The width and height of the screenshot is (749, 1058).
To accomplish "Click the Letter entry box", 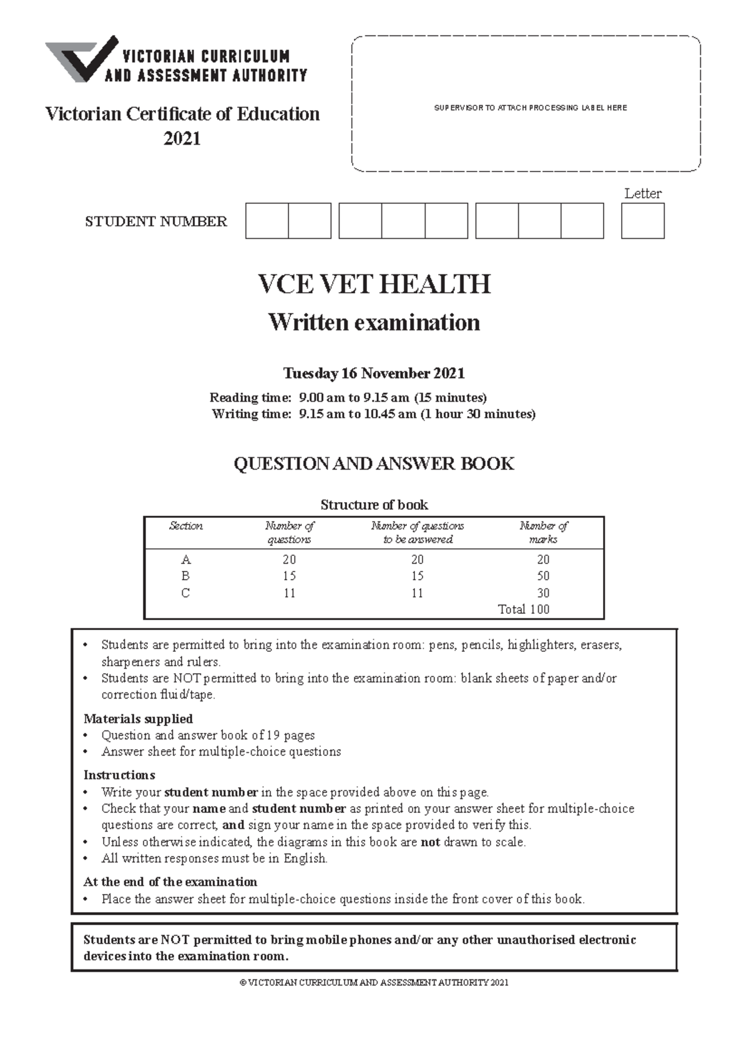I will (x=642, y=221).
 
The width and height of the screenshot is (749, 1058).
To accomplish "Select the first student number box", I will (x=267, y=221).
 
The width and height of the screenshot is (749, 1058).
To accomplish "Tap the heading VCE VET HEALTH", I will (x=374, y=284).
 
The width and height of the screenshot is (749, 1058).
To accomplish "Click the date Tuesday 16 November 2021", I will (x=374, y=373).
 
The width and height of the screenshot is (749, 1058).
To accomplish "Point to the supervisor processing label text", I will (x=531, y=108).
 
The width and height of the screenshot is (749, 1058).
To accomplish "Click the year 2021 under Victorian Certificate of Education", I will (x=182, y=138).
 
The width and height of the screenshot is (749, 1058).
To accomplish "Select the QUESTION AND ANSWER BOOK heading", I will (x=374, y=463).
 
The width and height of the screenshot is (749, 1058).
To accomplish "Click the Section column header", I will (x=186, y=526).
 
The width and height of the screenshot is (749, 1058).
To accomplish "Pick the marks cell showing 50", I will (x=543, y=576).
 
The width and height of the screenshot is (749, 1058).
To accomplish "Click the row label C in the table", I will (x=185, y=593).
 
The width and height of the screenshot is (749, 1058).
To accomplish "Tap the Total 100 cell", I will (x=523, y=609).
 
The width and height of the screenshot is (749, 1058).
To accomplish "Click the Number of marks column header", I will (x=543, y=532).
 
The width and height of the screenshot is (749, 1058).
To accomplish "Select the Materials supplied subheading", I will (x=138, y=719).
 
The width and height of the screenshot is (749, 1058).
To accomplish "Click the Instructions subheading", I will (x=119, y=775).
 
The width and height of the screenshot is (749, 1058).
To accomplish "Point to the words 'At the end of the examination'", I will (x=170, y=881).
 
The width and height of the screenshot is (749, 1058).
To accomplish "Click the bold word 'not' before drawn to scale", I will (x=430, y=842).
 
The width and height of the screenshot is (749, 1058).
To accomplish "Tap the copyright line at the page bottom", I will (x=374, y=983).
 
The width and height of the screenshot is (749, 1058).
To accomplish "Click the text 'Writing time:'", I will (x=251, y=414).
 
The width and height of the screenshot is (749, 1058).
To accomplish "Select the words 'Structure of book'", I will (x=374, y=504).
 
